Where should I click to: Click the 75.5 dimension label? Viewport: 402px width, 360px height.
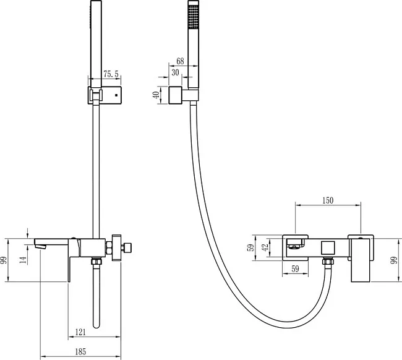tap(111, 74)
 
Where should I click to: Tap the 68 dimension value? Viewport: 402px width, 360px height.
tap(180, 61)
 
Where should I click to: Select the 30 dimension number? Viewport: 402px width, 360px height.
tap(175, 72)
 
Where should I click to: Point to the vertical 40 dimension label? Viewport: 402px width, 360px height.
tap(156, 95)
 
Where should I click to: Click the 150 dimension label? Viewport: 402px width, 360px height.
tap(328, 200)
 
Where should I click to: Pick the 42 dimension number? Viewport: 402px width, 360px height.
tap(265, 247)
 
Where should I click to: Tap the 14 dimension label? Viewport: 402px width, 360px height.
tap(23, 260)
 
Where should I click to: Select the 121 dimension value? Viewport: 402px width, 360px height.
tap(80, 332)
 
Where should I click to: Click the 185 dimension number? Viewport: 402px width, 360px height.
tap(80, 351)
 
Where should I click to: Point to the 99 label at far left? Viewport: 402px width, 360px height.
tap(4, 260)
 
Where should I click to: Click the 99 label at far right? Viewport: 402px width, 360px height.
tap(395, 260)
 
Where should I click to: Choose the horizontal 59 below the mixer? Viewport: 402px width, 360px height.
tap(296, 268)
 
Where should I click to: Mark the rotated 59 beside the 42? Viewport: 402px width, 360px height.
tap(250, 247)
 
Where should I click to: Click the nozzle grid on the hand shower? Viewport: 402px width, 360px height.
tap(194, 17)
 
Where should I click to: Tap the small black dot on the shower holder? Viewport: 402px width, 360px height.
tap(116, 95)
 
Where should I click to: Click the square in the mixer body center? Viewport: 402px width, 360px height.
tap(328, 248)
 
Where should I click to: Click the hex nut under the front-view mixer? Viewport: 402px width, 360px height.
tap(328, 262)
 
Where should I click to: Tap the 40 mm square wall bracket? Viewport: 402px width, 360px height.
tap(176, 95)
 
